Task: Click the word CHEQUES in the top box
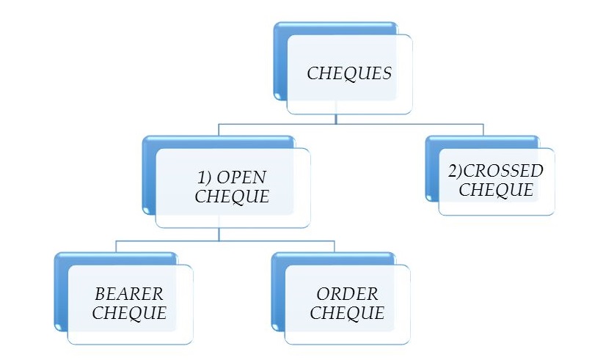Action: click(349, 73)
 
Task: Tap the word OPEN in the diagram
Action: click(241, 178)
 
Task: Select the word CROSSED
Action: click(505, 171)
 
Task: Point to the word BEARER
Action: click(129, 294)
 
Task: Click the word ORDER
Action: click(347, 294)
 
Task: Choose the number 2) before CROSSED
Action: click(456, 171)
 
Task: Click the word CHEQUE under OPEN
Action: click(232, 196)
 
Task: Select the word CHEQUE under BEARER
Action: click(130, 313)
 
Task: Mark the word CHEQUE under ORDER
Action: click(347, 313)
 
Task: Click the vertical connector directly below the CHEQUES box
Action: click(335, 119)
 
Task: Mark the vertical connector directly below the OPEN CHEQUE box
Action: click(220, 233)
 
